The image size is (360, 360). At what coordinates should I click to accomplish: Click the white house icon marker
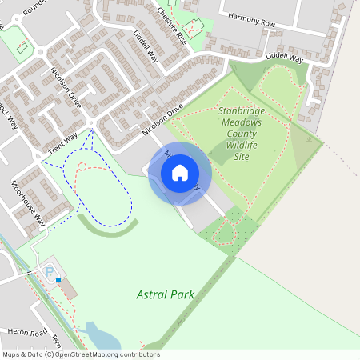click(179, 173)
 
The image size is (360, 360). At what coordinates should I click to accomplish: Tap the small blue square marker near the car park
click(58, 280)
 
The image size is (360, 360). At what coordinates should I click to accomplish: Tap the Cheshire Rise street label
click(171, 26)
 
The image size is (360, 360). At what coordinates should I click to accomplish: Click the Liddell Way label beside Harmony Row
click(286, 58)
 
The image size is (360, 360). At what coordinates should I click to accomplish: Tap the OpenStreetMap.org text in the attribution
click(84, 354)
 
